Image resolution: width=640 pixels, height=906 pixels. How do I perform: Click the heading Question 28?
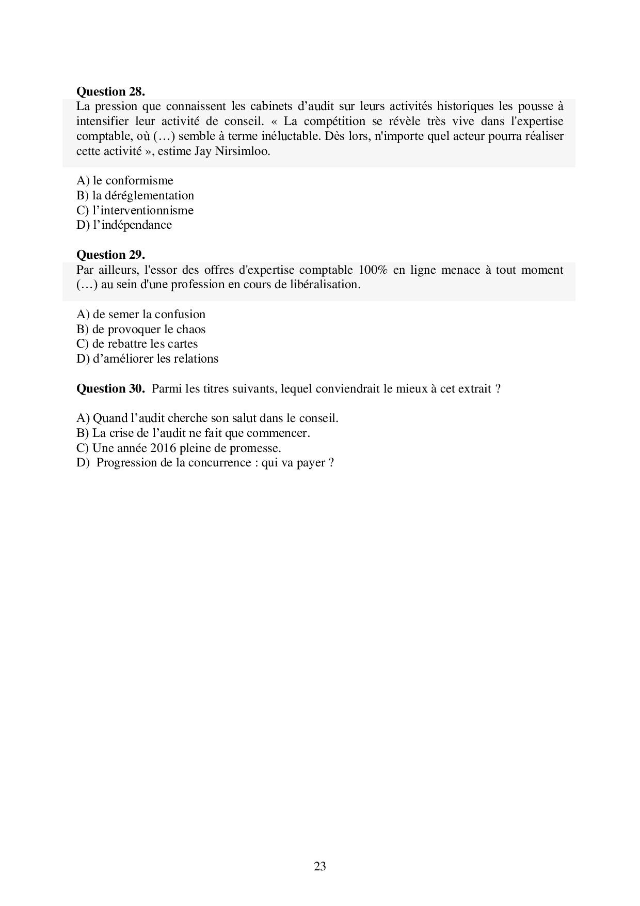[110, 91]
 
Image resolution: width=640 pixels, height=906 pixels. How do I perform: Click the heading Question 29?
[110, 255]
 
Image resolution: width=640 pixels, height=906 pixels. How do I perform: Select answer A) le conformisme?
[125, 180]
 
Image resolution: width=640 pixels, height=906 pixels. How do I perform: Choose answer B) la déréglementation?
[135, 195]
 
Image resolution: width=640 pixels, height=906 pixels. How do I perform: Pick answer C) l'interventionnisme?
[135, 210]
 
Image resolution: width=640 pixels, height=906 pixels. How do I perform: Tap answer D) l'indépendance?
[124, 225]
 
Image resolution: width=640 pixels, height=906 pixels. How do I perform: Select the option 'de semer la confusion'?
[141, 314]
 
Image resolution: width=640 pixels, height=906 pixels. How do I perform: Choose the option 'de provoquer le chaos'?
[141, 329]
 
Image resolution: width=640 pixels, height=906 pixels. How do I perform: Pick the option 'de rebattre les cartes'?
[137, 343]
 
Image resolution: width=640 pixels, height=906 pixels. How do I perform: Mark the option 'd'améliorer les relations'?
[147, 358]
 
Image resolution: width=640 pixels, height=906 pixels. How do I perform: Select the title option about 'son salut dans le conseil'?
[207, 418]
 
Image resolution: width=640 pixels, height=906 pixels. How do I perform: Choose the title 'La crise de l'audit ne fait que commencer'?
[193, 433]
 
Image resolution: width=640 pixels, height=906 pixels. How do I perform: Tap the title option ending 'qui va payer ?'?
[205, 462]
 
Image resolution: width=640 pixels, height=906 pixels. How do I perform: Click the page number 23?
[319, 866]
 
